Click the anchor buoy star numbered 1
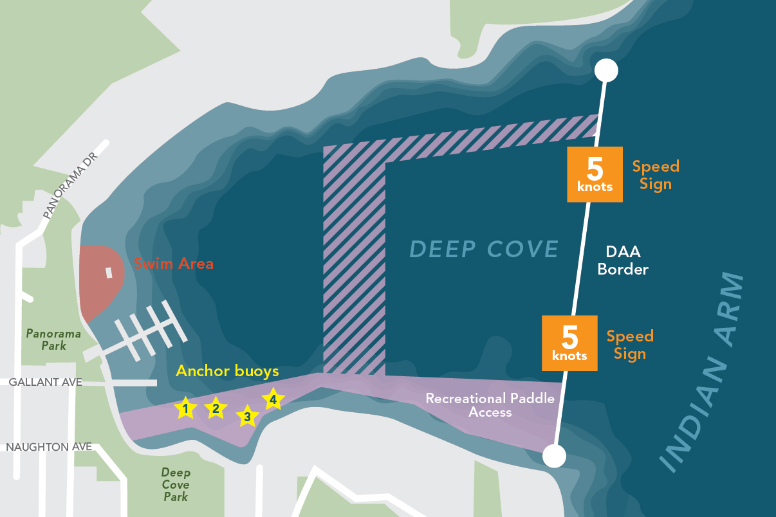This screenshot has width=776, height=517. [x=185, y=408]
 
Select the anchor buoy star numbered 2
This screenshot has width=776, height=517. [x=216, y=408]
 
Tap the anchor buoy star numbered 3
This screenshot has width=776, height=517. [x=246, y=417]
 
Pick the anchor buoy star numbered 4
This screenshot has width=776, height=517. [x=273, y=399]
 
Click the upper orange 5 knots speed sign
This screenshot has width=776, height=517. [x=595, y=174]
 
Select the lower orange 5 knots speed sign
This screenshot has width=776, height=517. [x=569, y=343]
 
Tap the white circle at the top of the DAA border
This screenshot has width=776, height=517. [x=605, y=70]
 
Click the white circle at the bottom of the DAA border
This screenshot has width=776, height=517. [x=554, y=457]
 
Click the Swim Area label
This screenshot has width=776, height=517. [x=174, y=264]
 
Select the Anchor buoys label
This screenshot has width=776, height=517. [x=227, y=371]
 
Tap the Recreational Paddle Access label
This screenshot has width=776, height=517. [x=490, y=405]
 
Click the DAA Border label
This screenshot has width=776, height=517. [x=623, y=261]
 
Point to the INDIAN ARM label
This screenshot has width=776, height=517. [x=703, y=373]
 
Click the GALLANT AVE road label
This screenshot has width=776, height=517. [x=45, y=382]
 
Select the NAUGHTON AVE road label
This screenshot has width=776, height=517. [x=49, y=446]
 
